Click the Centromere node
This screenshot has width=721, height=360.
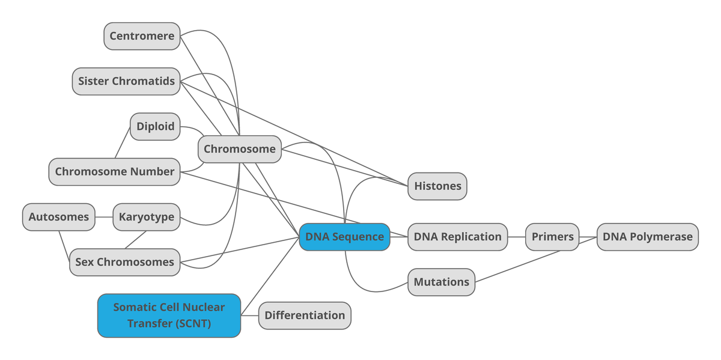[x=142, y=36]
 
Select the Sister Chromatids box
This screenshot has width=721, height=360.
[x=126, y=81]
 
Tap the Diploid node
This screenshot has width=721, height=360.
[x=155, y=126]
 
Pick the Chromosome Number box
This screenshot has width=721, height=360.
[x=114, y=171]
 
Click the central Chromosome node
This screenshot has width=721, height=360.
[x=239, y=149]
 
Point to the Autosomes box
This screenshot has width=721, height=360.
[x=59, y=217]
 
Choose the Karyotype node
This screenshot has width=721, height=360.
[x=147, y=217]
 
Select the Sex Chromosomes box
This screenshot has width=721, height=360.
[x=124, y=262]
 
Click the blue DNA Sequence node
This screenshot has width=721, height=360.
[x=344, y=237]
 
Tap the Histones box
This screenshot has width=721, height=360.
[x=437, y=186]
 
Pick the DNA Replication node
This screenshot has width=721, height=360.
[x=457, y=237]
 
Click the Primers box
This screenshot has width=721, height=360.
[x=552, y=237]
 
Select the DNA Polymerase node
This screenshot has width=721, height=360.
[x=647, y=237]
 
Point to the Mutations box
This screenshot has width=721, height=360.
[x=441, y=282]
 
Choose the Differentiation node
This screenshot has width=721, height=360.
[x=305, y=316]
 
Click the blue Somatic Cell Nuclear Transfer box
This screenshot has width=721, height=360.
[x=169, y=316]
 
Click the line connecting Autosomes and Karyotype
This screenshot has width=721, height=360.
[x=104, y=217]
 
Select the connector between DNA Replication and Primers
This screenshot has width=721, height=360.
[x=517, y=237]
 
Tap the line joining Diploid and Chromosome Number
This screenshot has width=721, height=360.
[x=123, y=143]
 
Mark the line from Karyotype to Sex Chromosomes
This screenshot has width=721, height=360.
[x=136, y=239]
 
